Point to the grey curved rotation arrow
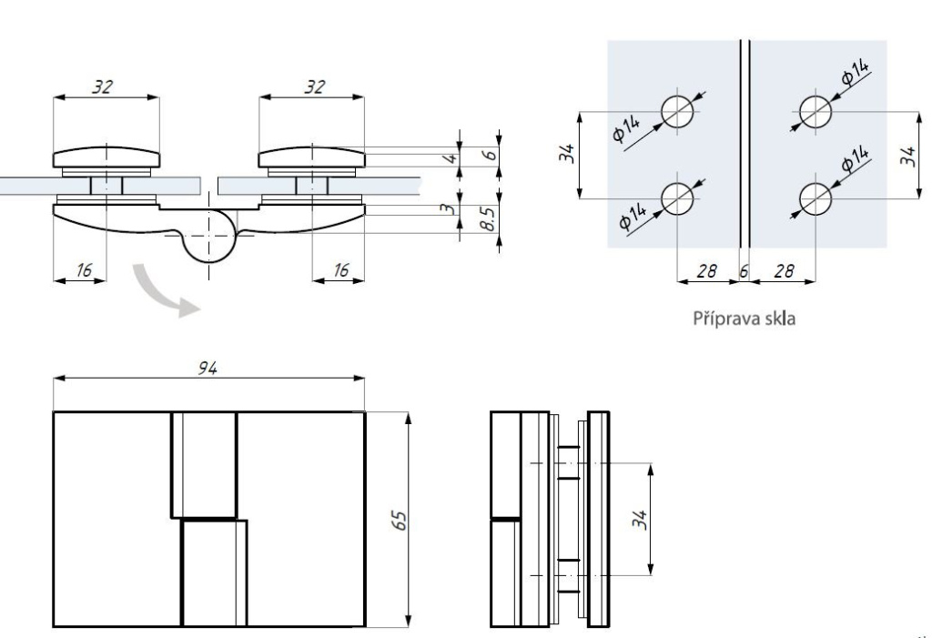[x=162, y=290]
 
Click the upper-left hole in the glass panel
[x=678, y=112]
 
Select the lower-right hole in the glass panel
[x=815, y=197]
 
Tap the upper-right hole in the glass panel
[x=815, y=112]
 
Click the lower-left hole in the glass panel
[x=678, y=197]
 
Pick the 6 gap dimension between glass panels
[x=745, y=271]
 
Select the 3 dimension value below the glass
[x=445, y=208]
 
